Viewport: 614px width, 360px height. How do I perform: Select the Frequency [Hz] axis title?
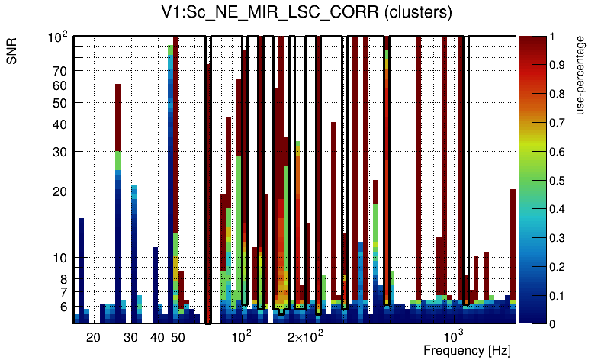click(x=467, y=350)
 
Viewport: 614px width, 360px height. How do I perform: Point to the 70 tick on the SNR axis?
click(x=60, y=71)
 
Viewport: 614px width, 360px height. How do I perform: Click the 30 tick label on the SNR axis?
click(x=60, y=152)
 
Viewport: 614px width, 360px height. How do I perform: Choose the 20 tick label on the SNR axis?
click(x=60, y=191)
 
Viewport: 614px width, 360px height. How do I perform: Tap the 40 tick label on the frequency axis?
click(x=157, y=337)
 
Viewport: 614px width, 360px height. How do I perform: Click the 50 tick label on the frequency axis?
click(x=178, y=337)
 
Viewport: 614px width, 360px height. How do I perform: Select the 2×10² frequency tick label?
click(x=305, y=336)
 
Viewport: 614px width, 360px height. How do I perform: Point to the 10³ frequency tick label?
click(x=454, y=336)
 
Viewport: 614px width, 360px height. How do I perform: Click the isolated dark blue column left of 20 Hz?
click(x=81, y=267)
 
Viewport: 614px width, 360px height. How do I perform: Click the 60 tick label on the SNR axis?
click(x=60, y=85)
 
